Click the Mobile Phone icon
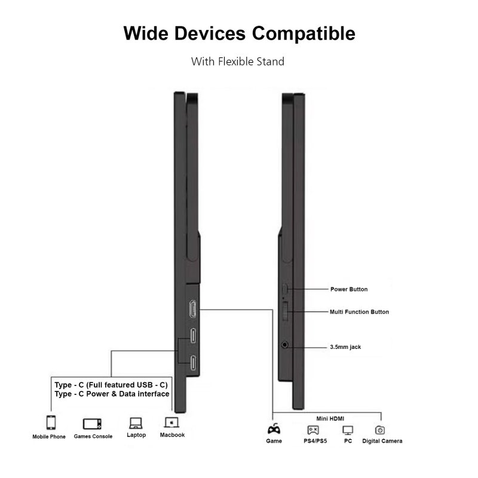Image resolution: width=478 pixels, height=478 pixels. click(x=51, y=423)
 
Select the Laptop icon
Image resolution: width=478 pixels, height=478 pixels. click(x=136, y=423)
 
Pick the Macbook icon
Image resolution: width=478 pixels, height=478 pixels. click(x=172, y=423)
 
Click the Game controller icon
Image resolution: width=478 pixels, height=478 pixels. click(x=274, y=429)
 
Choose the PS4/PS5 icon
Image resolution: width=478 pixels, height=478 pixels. click(x=313, y=430)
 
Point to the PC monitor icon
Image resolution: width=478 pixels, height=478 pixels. click(x=348, y=430)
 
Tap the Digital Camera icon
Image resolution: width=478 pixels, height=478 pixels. click(x=380, y=430)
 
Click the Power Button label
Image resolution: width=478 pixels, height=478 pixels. click(x=349, y=289)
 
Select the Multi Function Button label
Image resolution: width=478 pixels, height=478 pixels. click(x=359, y=312)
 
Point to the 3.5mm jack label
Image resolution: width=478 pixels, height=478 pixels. click(x=345, y=347)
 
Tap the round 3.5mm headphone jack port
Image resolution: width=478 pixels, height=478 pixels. click(x=284, y=345)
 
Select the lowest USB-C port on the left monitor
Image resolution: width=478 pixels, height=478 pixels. click(x=194, y=363)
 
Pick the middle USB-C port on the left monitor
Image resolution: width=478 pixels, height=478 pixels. click(x=194, y=336)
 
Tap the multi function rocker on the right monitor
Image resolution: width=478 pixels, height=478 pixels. click(x=286, y=311)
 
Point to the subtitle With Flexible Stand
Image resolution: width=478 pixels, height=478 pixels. click(x=237, y=61)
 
